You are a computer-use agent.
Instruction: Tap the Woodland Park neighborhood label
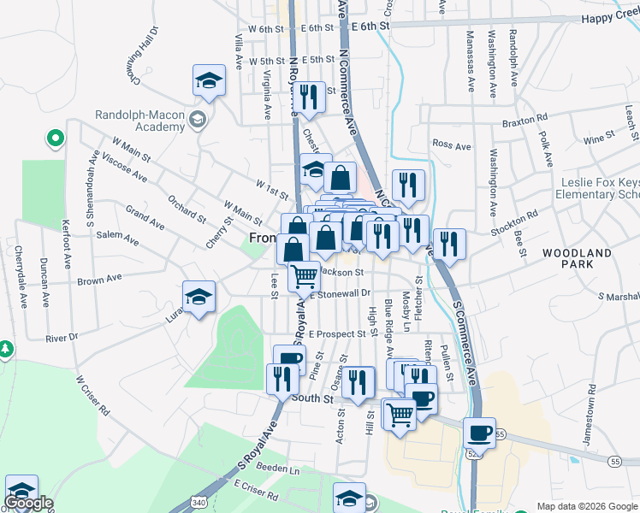click(x=578, y=258)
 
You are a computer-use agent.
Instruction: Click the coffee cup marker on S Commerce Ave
click(x=480, y=433)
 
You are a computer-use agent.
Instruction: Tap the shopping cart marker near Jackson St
click(x=304, y=276)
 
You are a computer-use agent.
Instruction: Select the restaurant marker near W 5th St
click(x=309, y=97)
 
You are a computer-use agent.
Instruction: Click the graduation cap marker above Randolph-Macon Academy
click(x=209, y=80)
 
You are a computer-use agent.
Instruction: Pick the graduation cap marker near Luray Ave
click(x=199, y=297)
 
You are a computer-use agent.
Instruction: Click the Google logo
click(x=27, y=503)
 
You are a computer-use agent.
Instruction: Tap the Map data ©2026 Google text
click(x=586, y=506)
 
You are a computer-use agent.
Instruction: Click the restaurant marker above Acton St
click(x=357, y=380)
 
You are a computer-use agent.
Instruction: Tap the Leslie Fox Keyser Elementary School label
click(x=599, y=188)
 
